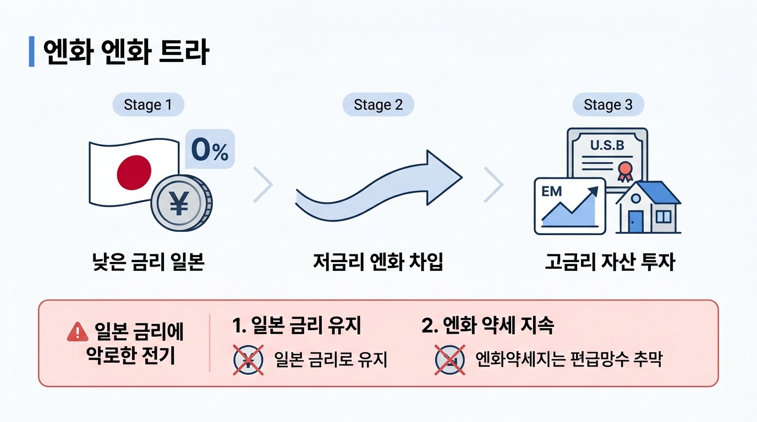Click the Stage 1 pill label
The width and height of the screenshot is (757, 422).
(x=149, y=104)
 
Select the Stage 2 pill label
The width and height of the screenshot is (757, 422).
(x=378, y=104)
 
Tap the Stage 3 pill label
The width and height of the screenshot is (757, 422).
(x=608, y=104)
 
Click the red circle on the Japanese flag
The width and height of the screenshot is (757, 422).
(x=134, y=173)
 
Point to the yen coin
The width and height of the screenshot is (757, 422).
(x=182, y=203)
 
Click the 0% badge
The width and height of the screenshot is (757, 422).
(x=210, y=149)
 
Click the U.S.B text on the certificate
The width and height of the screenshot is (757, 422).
(x=607, y=145)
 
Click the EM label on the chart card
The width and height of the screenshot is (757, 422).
(x=552, y=191)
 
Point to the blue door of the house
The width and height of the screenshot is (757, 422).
(x=635, y=221)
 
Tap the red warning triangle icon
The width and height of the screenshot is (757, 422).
(x=78, y=331)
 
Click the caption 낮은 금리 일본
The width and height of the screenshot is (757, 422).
(x=149, y=262)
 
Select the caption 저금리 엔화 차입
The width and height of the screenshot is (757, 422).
(x=378, y=262)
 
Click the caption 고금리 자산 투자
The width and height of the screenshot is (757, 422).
(x=610, y=262)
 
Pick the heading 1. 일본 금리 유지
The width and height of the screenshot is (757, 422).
(x=297, y=325)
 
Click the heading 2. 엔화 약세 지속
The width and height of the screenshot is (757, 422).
(x=487, y=325)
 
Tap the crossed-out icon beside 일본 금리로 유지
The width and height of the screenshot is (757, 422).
(x=249, y=360)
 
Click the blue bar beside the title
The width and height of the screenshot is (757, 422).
(x=32, y=51)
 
